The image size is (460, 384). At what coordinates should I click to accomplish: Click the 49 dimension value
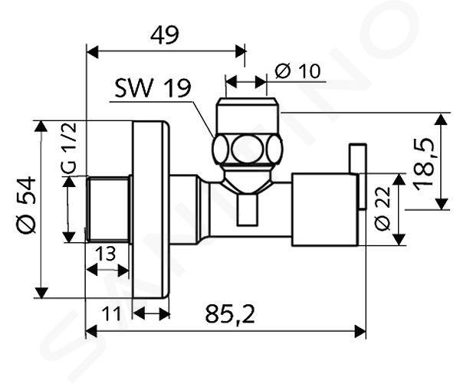(165, 35)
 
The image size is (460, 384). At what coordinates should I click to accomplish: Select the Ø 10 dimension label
(298, 71)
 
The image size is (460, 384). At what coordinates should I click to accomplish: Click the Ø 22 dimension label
(383, 208)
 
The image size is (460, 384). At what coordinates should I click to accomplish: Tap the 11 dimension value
(111, 313)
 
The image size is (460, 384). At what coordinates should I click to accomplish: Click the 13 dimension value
(106, 254)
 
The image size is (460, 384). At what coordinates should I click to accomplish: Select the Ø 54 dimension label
(26, 205)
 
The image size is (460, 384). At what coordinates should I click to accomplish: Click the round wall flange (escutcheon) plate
(151, 209)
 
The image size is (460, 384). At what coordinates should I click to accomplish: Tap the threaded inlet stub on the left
(109, 209)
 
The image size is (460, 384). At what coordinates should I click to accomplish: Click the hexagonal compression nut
(248, 149)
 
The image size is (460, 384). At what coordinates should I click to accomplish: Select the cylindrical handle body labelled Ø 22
(325, 209)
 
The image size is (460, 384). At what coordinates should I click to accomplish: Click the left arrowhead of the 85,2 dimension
(91, 331)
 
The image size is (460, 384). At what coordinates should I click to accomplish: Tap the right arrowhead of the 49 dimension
(239, 51)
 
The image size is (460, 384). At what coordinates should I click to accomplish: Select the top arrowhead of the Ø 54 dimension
(41, 126)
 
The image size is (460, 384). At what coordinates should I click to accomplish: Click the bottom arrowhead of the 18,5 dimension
(442, 204)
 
